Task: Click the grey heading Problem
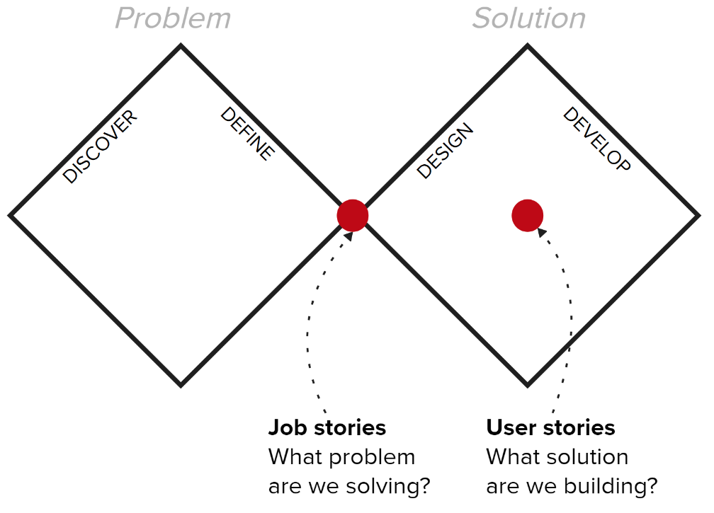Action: pyautogui.click(x=173, y=18)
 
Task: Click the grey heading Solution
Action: pyautogui.click(x=529, y=18)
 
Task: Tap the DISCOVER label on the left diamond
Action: pyautogui.click(x=100, y=147)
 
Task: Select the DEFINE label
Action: pyautogui.click(x=247, y=134)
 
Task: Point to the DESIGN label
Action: pyautogui.click(x=444, y=151)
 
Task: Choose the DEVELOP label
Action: pyautogui.click(x=596, y=139)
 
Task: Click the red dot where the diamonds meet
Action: pyautogui.click(x=352, y=215)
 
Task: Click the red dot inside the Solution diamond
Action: pyautogui.click(x=527, y=215)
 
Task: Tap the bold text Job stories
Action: pyautogui.click(x=327, y=428)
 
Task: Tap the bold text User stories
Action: pyautogui.click(x=550, y=428)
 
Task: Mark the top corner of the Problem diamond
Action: pyautogui.click(x=181, y=46)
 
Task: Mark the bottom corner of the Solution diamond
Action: pyautogui.click(x=527, y=385)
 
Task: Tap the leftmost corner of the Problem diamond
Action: pyautogui.click(x=11, y=215)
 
